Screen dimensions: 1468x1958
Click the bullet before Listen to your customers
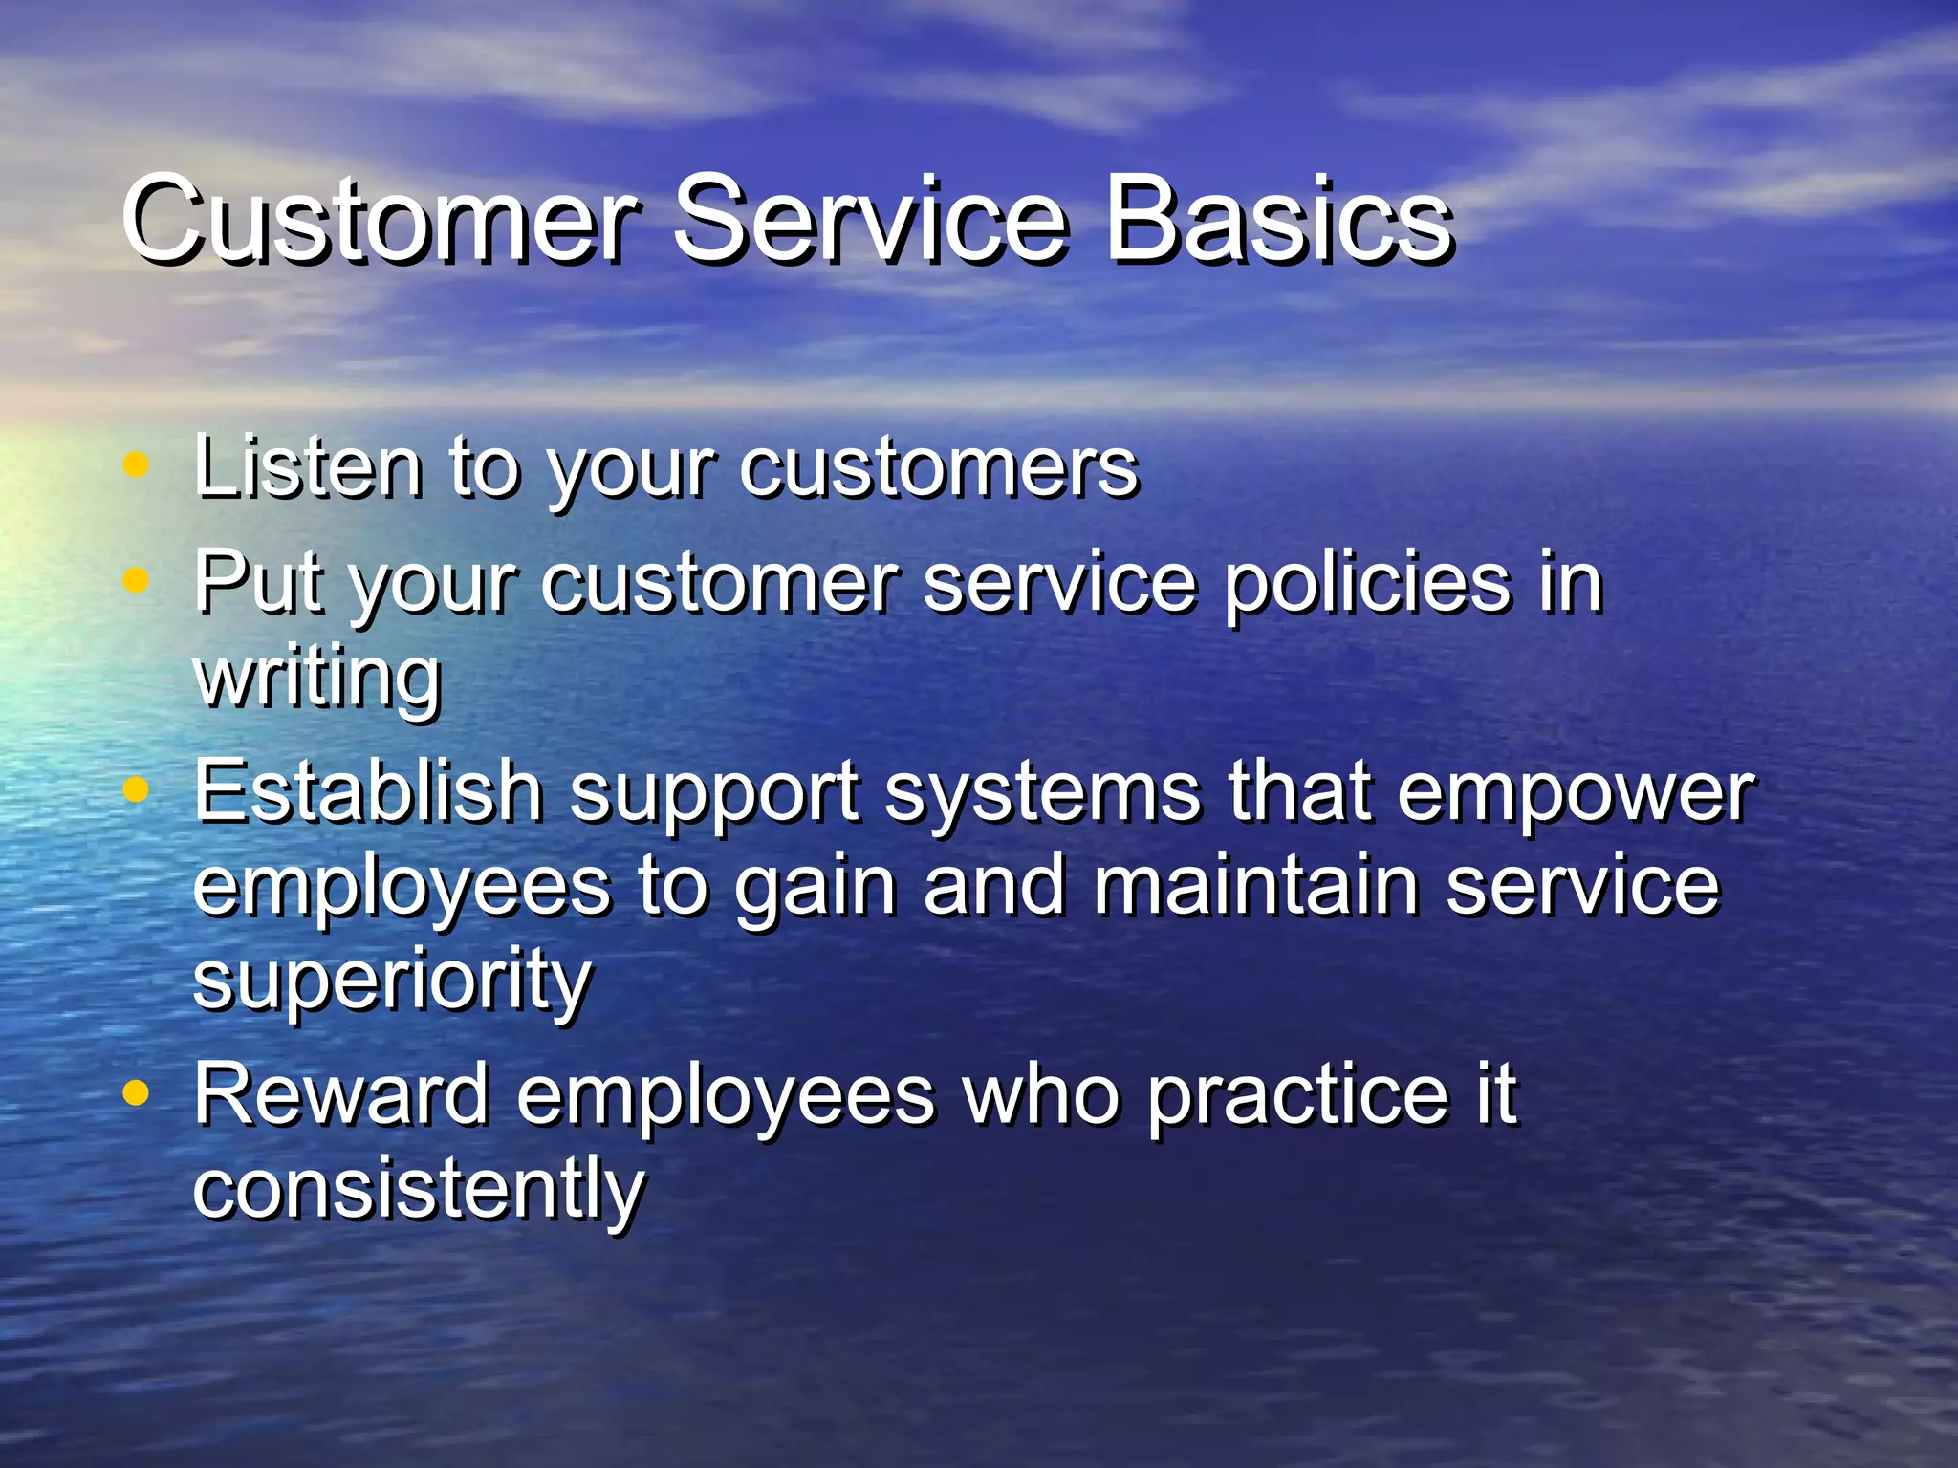(x=137, y=465)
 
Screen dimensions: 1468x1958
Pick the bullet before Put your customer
(x=137, y=580)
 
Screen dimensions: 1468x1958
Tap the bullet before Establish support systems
(x=137, y=789)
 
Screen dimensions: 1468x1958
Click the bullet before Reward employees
(x=137, y=1092)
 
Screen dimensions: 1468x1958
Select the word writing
(x=316, y=679)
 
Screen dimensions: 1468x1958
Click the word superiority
(x=392, y=982)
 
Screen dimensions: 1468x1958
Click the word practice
(x=1297, y=1097)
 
